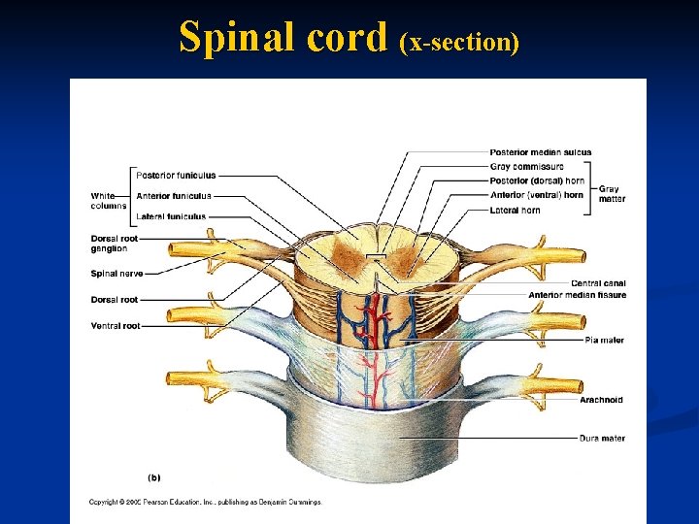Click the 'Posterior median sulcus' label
(x=540, y=152)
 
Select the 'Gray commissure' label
(x=524, y=166)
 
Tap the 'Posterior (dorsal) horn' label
(x=537, y=180)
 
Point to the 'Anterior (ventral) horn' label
(x=537, y=195)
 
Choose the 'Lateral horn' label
(x=516, y=210)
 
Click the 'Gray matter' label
(x=612, y=194)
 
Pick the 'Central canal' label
(x=598, y=283)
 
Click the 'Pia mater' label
(x=604, y=341)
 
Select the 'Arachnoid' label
(x=602, y=400)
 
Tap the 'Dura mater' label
(x=602, y=439)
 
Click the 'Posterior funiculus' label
(x=176, y=176)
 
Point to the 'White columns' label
(x=109, y=201)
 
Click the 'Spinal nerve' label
(x=116, y=274)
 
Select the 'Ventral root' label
(x=115, y=326)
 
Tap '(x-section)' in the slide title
(x=459, y=41)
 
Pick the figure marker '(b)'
(x=154, y=476)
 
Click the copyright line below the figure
(x=205, y=502)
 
